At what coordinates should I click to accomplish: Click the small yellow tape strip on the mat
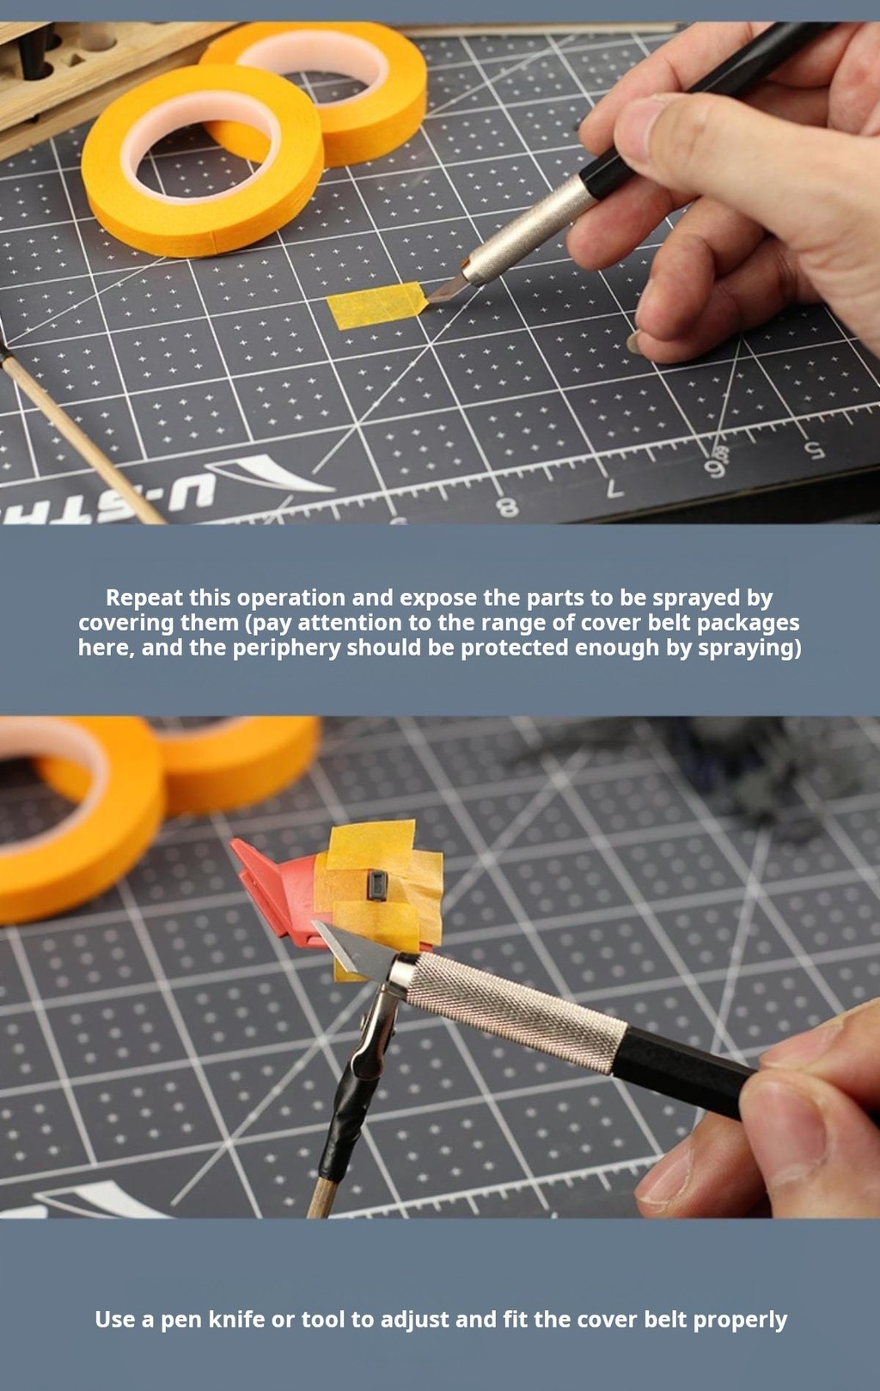(x=376, y=304)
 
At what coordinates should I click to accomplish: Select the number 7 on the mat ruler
(x=614, y=489)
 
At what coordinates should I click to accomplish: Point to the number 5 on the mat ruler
(x=814, y=449)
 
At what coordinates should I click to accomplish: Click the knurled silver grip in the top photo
(x=531, y=229)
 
